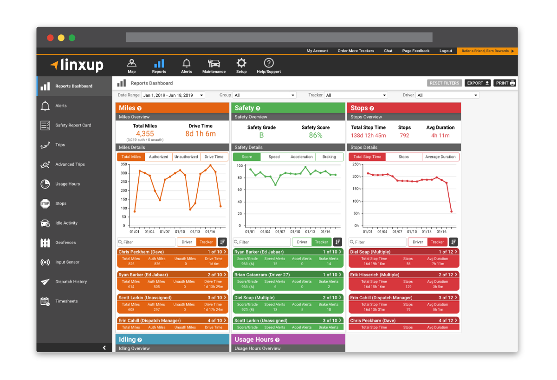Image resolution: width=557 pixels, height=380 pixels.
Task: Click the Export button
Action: click(478, 83)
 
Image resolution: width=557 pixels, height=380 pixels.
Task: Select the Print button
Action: click(505, 83)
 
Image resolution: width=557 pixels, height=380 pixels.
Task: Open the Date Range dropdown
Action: click(173, 95)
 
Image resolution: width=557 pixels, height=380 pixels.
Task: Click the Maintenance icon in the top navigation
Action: click(214, 66)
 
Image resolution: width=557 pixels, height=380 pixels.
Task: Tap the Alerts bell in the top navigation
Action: click(187, 66)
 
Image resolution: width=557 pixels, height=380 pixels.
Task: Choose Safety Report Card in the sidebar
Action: click(73, 125)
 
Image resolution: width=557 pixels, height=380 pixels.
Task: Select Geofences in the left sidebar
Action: click(65, 242)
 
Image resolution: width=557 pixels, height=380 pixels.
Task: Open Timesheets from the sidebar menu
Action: click(66, 301)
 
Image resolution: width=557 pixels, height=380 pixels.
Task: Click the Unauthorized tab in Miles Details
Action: click(186, 157)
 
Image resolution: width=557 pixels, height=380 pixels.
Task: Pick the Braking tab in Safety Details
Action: click(329, 157)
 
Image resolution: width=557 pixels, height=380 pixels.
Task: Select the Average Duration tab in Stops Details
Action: click(440, 157)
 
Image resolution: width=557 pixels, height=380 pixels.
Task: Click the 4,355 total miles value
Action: click(145, 134)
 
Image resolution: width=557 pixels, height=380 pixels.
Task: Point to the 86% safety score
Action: click(316, 135)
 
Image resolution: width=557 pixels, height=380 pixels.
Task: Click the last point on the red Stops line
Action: click(451, 212)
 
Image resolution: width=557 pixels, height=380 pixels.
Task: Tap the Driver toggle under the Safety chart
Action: click(302, 242)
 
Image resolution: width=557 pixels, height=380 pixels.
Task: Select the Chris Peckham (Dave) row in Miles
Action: click(172, 252)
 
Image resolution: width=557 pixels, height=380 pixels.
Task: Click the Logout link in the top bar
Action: click(446, 51)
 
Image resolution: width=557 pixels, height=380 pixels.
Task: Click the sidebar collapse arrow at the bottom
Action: click(104, 347)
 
